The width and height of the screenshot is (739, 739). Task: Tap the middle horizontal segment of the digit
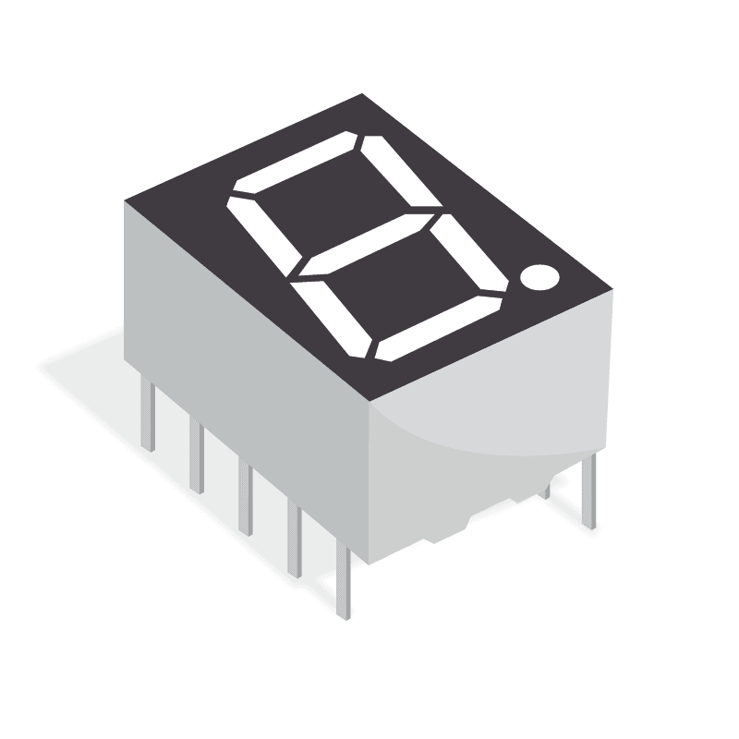point(363,245)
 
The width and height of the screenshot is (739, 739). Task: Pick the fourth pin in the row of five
point(294,540)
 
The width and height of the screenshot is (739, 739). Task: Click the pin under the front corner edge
point(344,582)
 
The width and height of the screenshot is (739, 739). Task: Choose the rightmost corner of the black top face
point(612,290)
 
